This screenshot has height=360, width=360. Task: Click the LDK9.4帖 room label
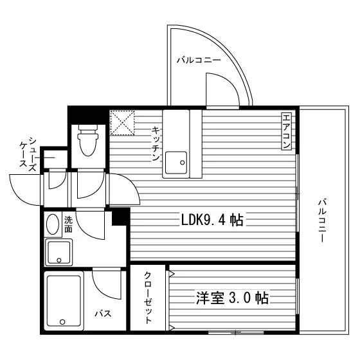[x=212, y=220]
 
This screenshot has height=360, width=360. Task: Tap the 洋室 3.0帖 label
[x=232, y=298]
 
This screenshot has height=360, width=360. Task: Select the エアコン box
[x=287, y=131]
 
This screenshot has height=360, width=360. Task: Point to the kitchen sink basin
[x=176, y=163]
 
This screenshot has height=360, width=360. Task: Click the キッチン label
[x=156, y=144]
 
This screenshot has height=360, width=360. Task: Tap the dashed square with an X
[x=122, y=123]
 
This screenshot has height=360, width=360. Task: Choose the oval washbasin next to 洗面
[x=53, y=224]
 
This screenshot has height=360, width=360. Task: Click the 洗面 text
[x=68, y=224]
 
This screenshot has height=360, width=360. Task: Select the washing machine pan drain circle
[x=59, y=260]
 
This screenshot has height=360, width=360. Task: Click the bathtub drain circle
[x=62, y=322]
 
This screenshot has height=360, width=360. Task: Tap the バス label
[x=104, y=313]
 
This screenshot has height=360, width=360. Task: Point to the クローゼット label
[x=148, y=298]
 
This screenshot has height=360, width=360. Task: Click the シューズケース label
[x=28, y=154]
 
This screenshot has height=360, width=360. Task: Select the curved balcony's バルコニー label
[x=199, y=60]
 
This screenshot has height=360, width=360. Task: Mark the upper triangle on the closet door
[x=172, y=274]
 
